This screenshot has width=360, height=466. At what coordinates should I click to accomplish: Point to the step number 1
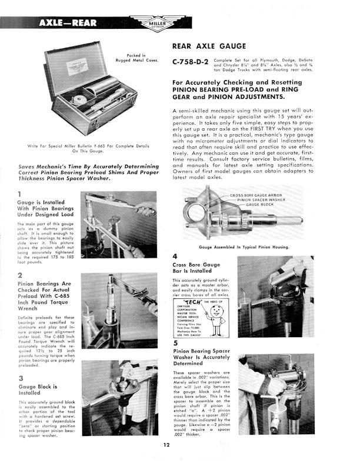click(x=20, y=195)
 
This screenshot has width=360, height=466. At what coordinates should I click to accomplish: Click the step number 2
click(x=20, y=275)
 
